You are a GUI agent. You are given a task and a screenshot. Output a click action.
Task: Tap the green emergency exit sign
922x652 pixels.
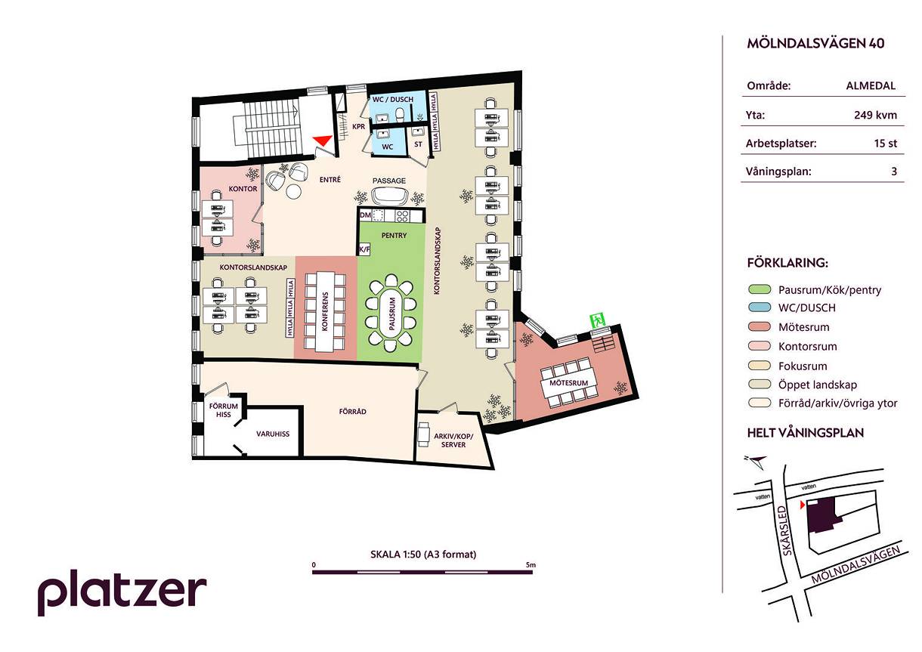tap(598, 320)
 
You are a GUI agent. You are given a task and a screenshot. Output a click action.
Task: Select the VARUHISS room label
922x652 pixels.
tap(273, 434)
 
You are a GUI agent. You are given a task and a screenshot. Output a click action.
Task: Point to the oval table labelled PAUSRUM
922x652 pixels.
tap(391, 314)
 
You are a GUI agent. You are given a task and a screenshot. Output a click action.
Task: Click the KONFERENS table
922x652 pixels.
tap(325, 312)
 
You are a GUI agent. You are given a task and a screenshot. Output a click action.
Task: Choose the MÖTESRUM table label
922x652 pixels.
tap(569, 383)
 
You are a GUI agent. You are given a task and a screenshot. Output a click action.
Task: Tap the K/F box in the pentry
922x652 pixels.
tap(364, 249)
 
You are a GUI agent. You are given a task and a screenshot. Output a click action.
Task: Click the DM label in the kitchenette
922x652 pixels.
tap(365, 215)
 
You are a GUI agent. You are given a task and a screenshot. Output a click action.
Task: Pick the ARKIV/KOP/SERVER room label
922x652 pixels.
tap(453, 440)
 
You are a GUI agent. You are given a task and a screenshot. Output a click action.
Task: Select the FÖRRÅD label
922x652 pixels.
tap(352, 411)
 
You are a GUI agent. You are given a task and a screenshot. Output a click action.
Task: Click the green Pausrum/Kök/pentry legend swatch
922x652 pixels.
tap(759, 289)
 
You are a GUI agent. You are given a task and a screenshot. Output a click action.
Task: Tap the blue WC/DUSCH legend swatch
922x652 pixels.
tap(759, 307)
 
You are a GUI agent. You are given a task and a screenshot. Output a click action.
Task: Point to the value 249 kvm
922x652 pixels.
tap(875, 115)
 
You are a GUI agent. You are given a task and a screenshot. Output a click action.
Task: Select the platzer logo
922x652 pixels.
tap(122, 592)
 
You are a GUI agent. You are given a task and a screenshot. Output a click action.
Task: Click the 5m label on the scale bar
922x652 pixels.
tap(531, 565)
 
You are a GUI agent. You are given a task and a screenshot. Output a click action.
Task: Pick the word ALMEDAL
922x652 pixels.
tap(871, 85)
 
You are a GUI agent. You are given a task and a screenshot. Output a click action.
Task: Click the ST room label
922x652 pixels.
tap(418, 144)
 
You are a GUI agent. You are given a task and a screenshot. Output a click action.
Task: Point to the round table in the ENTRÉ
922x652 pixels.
tap(294, 191)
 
